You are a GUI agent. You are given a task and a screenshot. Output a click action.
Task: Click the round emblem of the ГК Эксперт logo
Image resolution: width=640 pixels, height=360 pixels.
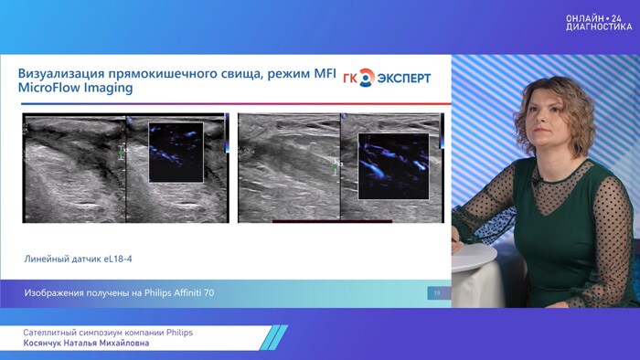point(366,79)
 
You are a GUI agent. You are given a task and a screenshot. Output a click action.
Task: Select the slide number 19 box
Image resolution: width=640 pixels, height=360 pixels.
point(435,292)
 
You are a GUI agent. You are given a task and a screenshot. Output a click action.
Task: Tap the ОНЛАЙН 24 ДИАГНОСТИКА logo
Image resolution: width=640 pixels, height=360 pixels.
point(598,22)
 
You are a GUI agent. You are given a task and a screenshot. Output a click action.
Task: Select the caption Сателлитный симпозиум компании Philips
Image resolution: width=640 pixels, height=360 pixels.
point(108,332)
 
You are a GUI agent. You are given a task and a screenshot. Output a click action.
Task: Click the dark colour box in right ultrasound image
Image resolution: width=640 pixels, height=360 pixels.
point(393,166)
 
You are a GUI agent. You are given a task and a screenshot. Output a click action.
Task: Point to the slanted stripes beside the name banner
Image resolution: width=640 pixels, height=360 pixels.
point(272,337)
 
